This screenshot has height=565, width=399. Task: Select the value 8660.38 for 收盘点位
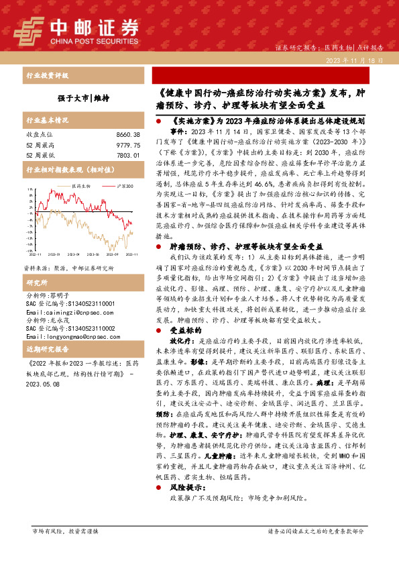(x=127, y=135)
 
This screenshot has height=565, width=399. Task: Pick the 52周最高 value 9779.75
(x=127, y=146)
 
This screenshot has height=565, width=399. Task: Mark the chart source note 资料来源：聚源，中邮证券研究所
(x=69, y=249)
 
